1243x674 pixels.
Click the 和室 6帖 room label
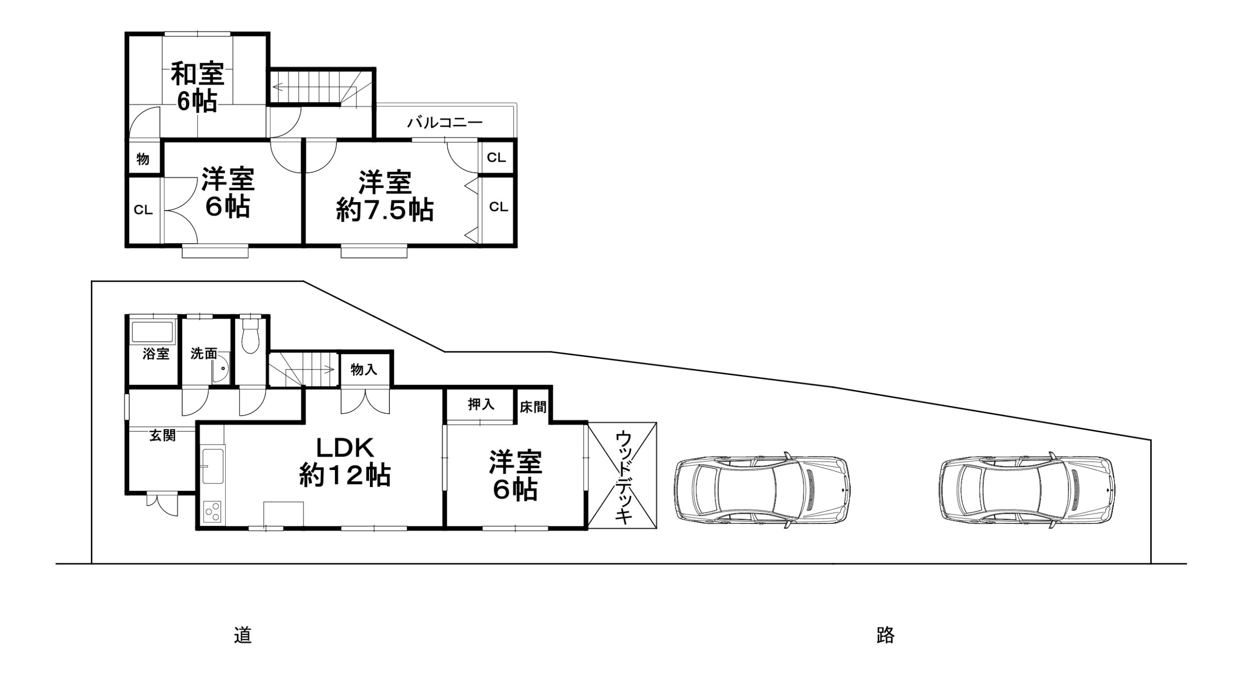197,88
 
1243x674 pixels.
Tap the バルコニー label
445,122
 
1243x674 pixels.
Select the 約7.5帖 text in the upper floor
385,211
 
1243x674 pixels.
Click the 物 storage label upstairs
143,159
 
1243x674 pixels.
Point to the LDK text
346,448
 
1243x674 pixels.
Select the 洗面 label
203,354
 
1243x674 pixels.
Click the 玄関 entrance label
162,436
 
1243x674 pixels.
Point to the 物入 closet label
364,370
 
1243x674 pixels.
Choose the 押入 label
481,404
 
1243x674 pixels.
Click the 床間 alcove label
533,407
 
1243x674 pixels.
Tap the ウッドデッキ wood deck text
623,477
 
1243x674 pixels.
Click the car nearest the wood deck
763,492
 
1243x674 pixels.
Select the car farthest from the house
1027,492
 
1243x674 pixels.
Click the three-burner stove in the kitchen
212,511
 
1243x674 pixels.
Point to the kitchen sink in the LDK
212,466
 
